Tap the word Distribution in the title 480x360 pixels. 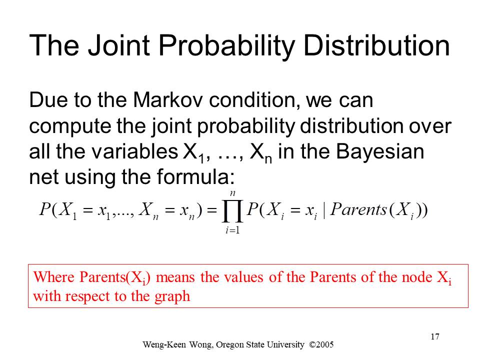[376, 45]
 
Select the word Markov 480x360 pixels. [167, 100]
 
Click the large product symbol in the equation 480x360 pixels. [232, 211]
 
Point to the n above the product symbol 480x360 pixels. [232, 193]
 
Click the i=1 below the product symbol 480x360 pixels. [232, 230]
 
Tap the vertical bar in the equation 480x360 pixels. [324, 210]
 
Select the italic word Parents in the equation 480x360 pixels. [359, 209]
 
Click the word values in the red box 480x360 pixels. [243, 277]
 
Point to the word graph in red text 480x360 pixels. [172, 296]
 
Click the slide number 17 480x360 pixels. [435, 336]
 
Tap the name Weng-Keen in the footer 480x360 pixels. [164, 344]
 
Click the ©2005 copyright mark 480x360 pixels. [321, 344]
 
